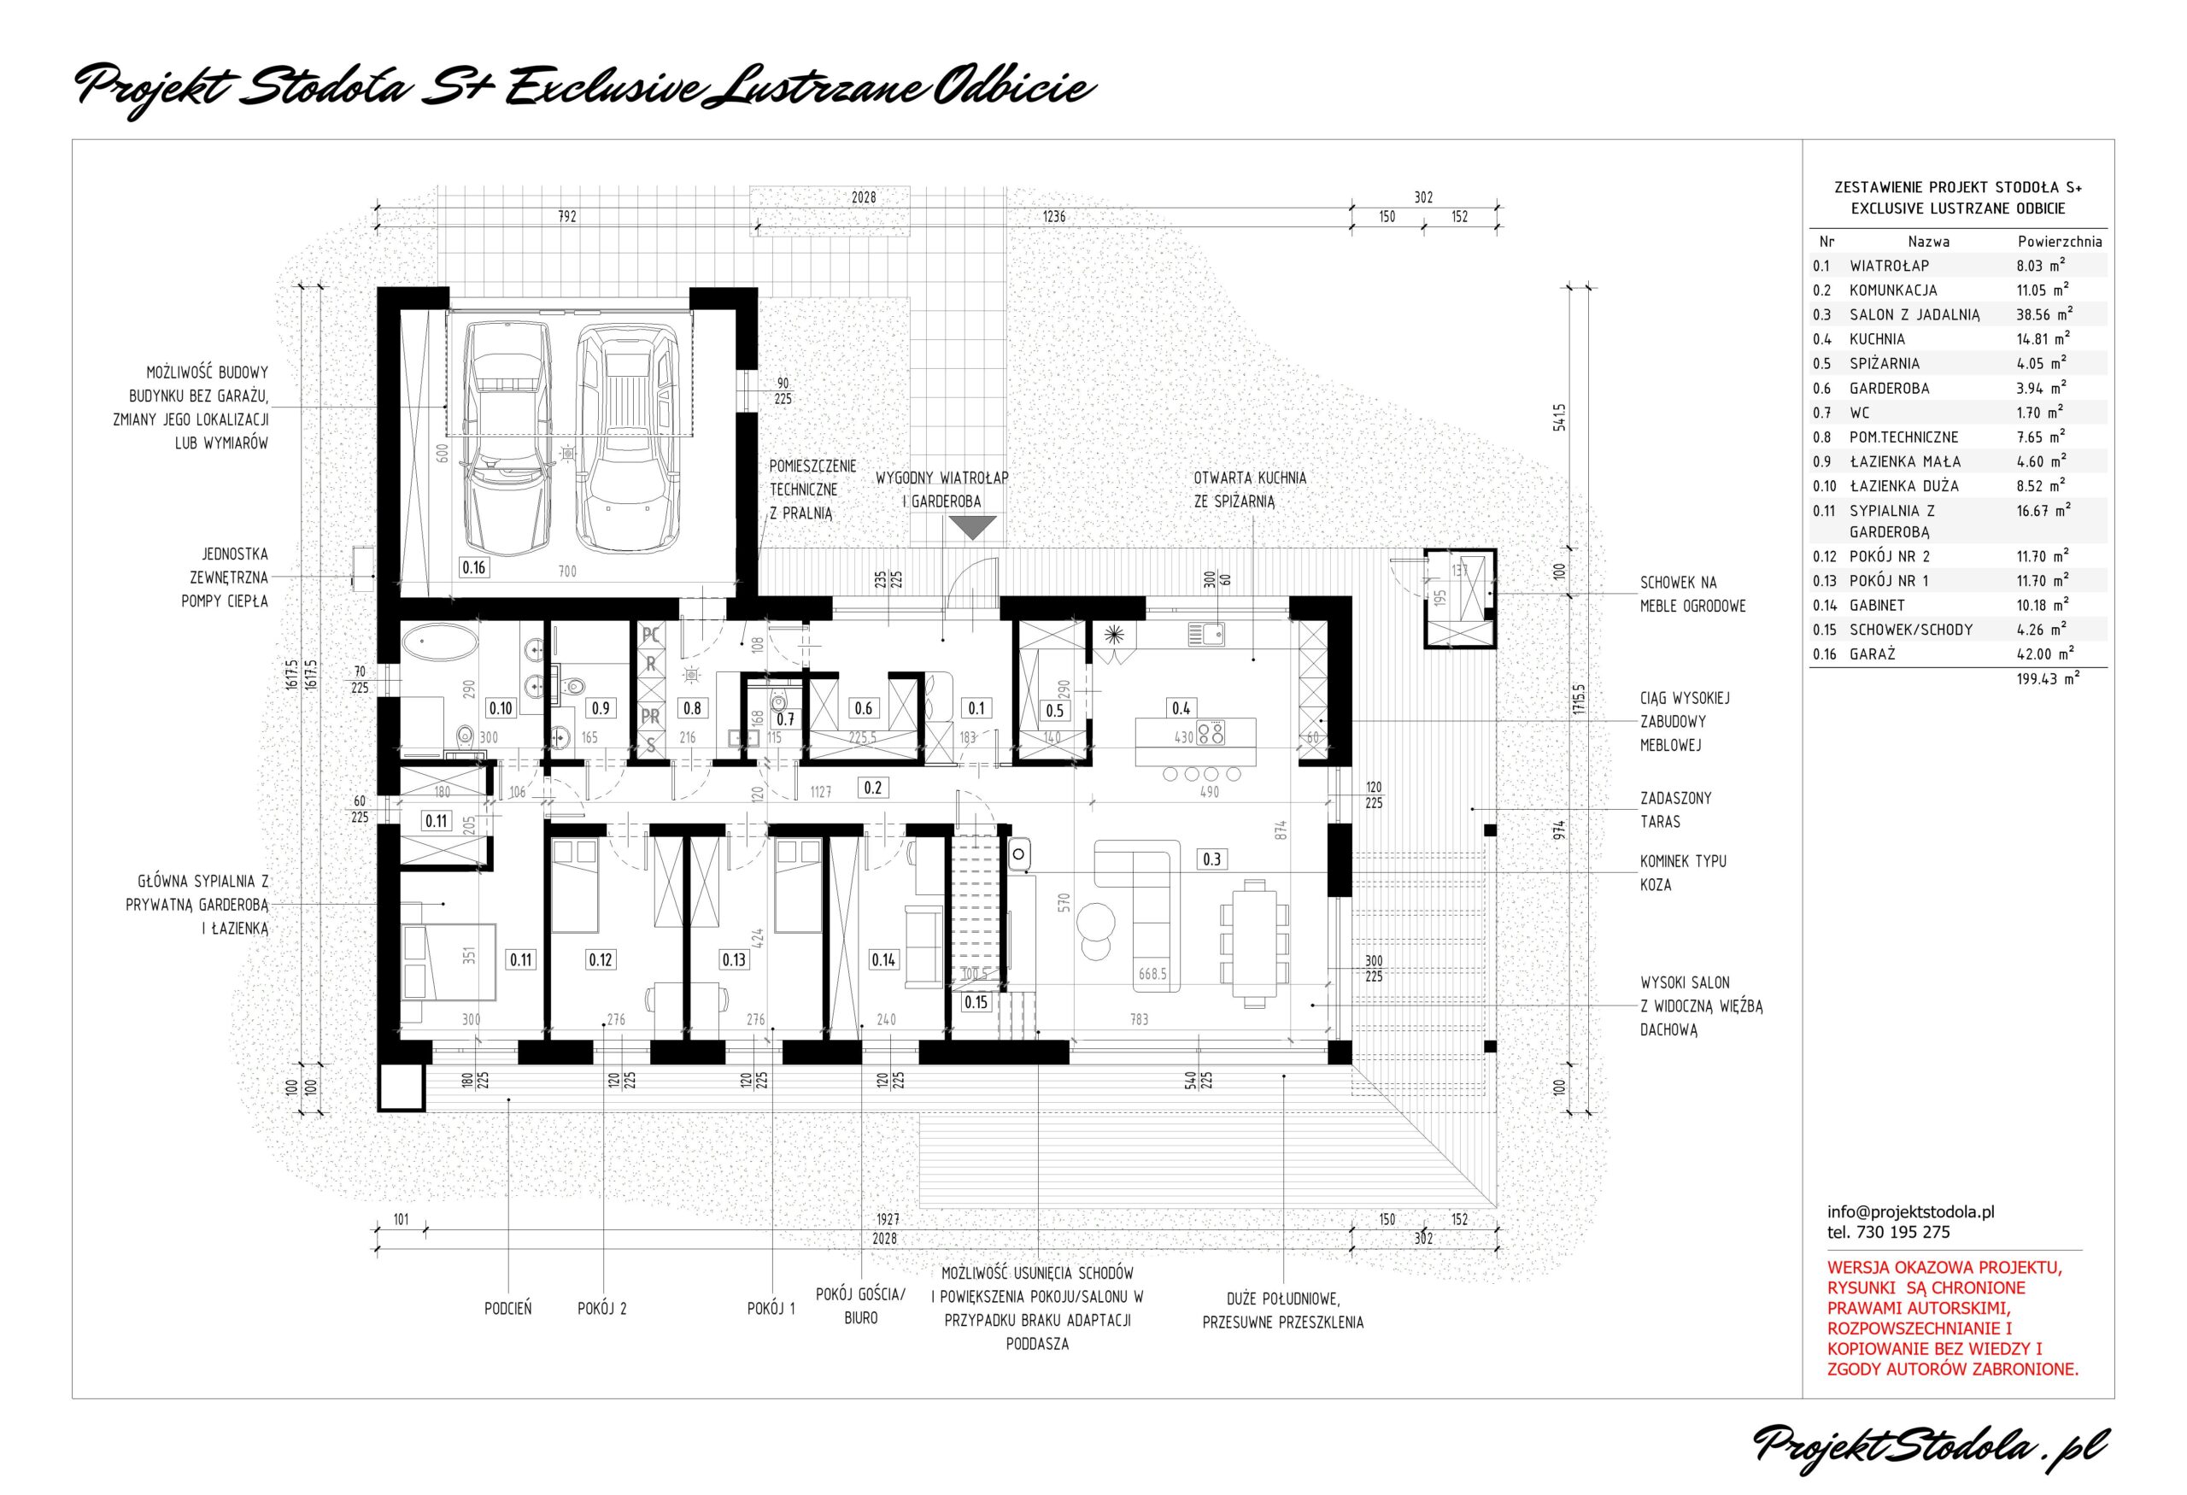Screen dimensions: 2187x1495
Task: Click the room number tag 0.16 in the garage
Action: coord(473,567)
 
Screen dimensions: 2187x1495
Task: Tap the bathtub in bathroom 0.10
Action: coord(438,646)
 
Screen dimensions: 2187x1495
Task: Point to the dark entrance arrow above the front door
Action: coord(971,528)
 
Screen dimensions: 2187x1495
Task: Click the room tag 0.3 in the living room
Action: coord(1211,859)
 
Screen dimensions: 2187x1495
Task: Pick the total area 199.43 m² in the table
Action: coord(2048,677)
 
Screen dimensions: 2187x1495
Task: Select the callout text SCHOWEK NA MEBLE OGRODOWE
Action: coord(1693,595)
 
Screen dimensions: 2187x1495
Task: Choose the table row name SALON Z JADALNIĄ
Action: coord(1915,315)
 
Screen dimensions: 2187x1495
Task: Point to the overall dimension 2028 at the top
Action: coord(863,197)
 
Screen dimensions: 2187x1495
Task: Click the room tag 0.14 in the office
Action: coord(882,959)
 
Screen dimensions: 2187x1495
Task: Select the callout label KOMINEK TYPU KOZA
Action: coord(1684,873)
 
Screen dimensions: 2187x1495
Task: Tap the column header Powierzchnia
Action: coord(2060,242)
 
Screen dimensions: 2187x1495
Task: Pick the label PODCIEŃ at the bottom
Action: coord(508,1308)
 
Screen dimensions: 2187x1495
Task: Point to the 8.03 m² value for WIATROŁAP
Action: coord(2041,267)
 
